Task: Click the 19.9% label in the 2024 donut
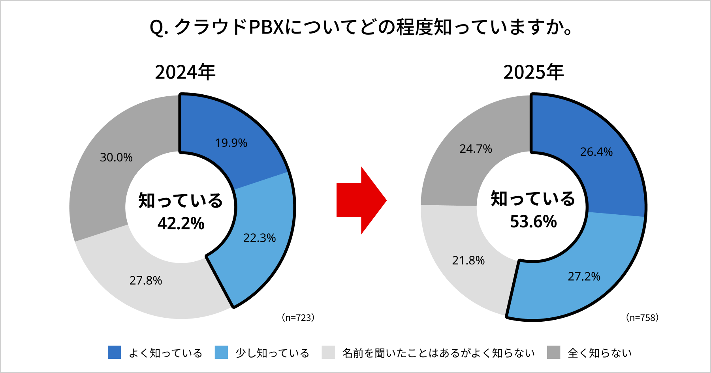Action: (x=231, y=143)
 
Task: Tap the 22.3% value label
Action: (x=259, y=238)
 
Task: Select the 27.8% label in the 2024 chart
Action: (x=146, y=281)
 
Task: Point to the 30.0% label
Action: (x=116, y=157)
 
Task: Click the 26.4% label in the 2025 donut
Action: (x=596, y=152)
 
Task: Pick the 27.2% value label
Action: (x=584, y=277)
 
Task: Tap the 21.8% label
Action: (x=468, y=261)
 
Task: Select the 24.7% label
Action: (x=476, y=149)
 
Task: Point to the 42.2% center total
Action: (x=181, y=224)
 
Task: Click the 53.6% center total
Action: (x=533, y=222)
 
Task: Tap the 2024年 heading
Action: (x=185, y=72)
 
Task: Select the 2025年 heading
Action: (x=533, y=72)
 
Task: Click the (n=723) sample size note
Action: (x=298, y=318)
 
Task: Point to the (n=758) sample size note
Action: (x=642, y=318)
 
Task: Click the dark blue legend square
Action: (x=115, y=352)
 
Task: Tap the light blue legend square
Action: (x=221, y=352)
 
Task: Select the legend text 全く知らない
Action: (x=600, y=353)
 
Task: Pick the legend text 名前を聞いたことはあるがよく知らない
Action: (x=438, y=353)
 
